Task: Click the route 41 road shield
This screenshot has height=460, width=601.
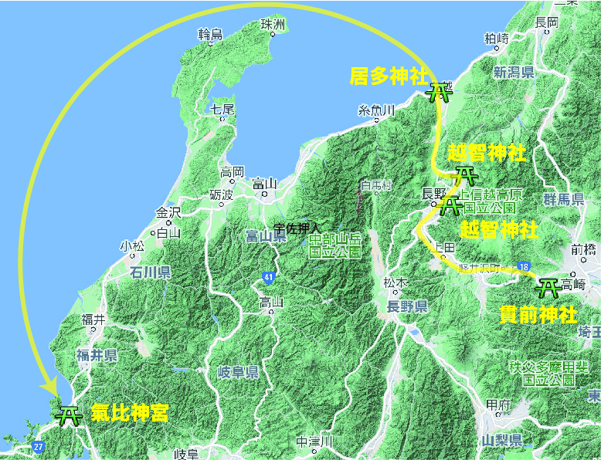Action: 268,276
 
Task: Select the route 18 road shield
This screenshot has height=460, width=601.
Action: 525,267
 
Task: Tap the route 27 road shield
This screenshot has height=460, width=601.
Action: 39,447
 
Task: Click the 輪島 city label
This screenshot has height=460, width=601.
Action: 210,34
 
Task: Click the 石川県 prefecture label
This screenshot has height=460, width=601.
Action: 151,272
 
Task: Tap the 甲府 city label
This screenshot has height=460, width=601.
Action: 497,404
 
